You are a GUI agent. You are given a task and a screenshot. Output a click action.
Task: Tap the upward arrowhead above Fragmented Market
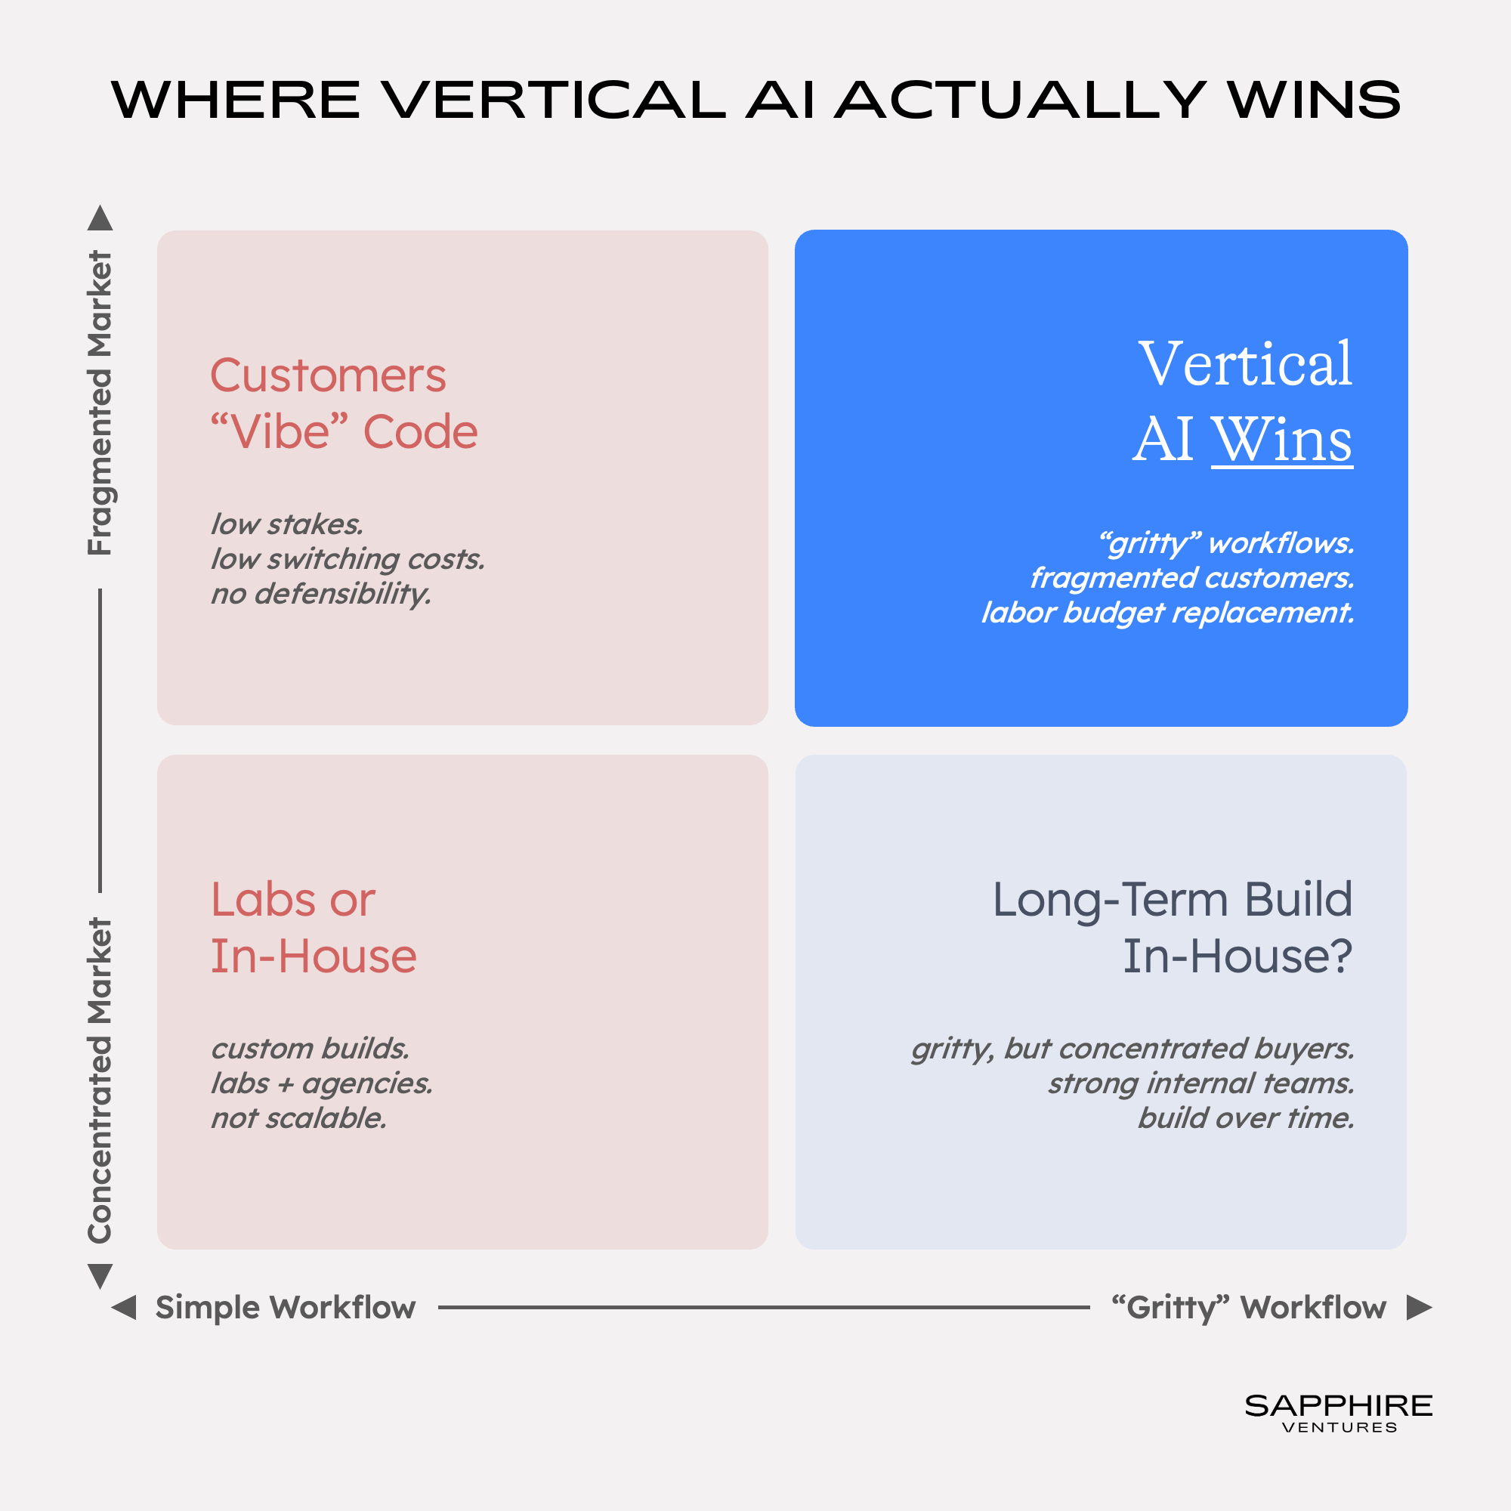tap(100, 218)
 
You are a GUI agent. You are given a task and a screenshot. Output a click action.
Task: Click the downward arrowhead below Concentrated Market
tap(100, 1275)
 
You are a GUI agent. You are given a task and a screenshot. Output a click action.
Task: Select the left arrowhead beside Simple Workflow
tap(124, 1307)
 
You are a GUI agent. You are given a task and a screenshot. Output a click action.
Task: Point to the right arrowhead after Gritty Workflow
tap(1420, 1307)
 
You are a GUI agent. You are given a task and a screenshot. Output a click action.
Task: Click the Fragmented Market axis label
tap(100, 403)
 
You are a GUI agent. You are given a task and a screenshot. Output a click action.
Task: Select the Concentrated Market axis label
tap(100, 1080)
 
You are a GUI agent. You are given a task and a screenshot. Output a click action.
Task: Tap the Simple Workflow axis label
tap(286, 1308)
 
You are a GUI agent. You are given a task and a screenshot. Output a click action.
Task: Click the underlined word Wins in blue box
tap(1282, 440)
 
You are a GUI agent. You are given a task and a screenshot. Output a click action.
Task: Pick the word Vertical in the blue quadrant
tap(1245, 363)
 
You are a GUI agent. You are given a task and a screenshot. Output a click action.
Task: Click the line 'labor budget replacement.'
tap(1168, 613)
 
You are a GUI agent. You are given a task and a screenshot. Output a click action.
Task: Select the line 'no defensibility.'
tap(321, 595)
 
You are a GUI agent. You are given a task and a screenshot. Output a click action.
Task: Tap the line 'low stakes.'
tap(287, 524)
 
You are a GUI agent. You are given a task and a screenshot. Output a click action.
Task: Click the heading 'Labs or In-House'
tap(314, 928)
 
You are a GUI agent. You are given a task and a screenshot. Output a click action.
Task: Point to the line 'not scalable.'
tap(298, 1118)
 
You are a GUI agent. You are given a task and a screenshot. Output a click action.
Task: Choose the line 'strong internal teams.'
tap(1201, 1084)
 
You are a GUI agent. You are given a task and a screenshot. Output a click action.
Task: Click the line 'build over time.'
tap(1246, 1118)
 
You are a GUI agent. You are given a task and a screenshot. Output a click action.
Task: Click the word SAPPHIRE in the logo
tap(1339, 1405)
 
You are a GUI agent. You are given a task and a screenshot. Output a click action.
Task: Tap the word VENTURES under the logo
tap(1340, 1427)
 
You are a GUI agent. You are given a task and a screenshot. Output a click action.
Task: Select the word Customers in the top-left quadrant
tap(329, 375)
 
